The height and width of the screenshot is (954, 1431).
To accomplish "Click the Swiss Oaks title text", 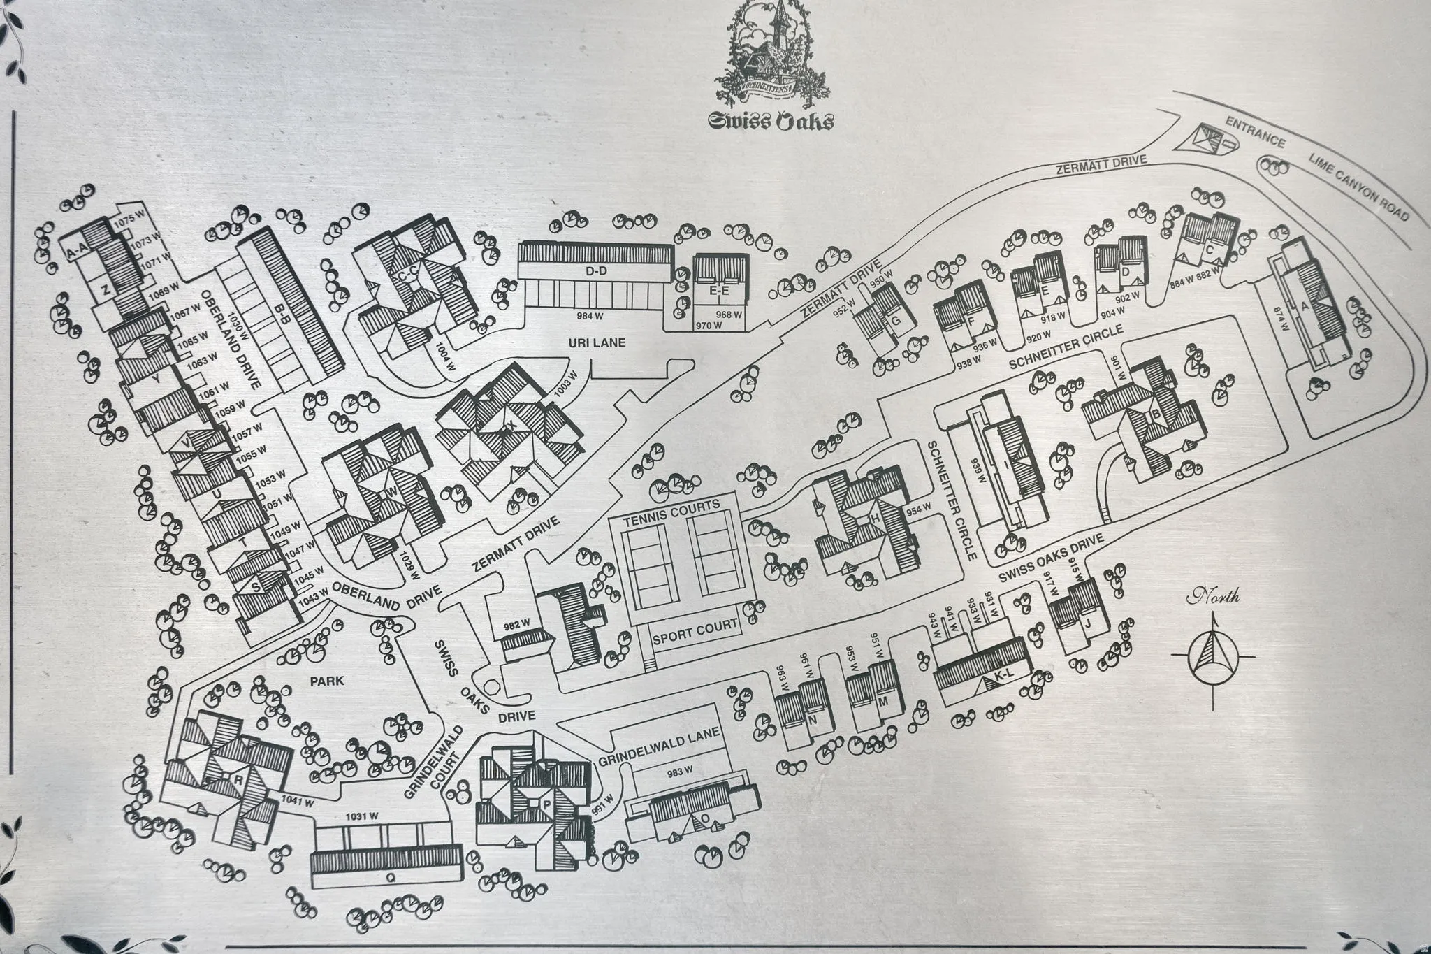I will pyautogui.click(x=771, y=122).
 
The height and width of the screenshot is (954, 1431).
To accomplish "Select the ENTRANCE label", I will pyautogui.click(x=1256, y=131).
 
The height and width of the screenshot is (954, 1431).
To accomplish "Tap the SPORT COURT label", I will pyautogui.click(x=695, y=631).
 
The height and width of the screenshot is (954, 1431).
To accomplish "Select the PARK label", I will pyautogui.click(x=327, y=680).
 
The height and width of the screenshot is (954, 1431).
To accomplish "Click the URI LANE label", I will pyautogui.click(x=595, y=342).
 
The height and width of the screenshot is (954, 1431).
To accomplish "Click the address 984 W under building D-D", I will pyautogui.click(x=590, y=316).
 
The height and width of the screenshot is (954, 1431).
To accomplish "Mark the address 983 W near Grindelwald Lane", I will pyautogui.click(x=679, y=772).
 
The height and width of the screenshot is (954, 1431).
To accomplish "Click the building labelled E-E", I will pyautogui.click(x=720, y=290).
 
